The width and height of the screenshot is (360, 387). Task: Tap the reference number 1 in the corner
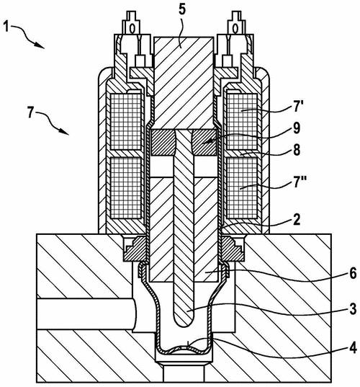coord(6,26)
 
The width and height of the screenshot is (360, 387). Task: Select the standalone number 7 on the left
coord(30,113)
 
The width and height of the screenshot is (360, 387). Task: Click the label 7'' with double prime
coord(300,183)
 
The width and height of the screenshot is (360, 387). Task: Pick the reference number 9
coord(296,128)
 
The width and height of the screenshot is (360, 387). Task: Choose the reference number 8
coord(297,150)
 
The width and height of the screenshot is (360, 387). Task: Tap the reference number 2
coord(297,219)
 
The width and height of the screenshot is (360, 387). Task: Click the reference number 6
coord(353,273)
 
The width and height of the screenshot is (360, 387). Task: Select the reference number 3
coord(353,308)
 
